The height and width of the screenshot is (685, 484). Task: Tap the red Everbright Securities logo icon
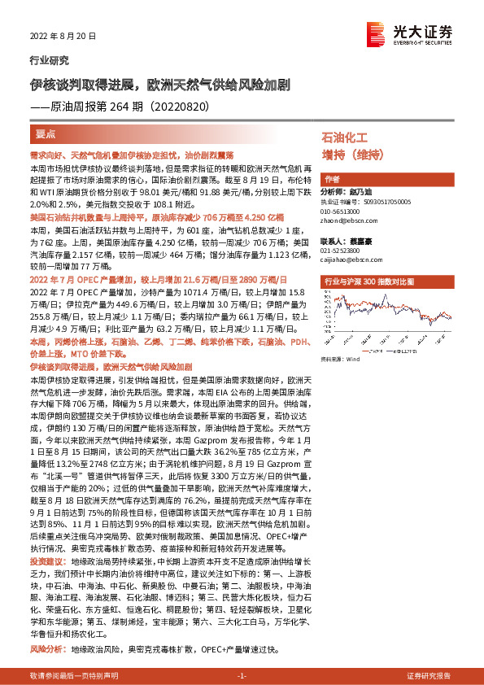(377, 32)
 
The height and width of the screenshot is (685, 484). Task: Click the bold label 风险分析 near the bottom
(46, 627)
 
